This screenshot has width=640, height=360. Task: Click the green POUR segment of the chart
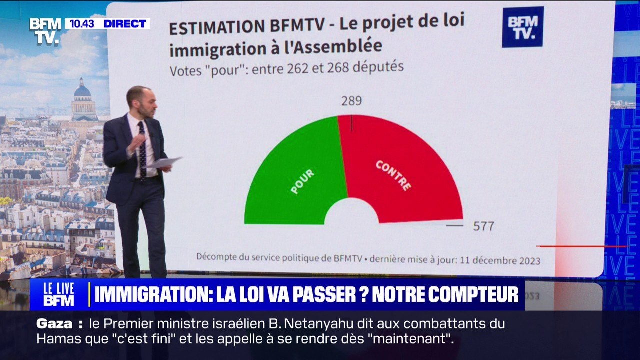coord(294,177)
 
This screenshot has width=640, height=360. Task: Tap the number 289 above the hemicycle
coord(351,101)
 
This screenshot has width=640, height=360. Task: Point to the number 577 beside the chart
coord(483,226)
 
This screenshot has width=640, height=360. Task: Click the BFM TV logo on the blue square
coord(523,27)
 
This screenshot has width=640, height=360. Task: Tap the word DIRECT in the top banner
coord(125,23)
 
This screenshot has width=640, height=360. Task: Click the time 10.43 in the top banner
coord(82,23)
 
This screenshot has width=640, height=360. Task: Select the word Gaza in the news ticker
coord(54,324)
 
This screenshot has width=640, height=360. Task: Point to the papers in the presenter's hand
coord(165,162)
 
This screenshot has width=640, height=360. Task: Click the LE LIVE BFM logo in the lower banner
coord(59,294)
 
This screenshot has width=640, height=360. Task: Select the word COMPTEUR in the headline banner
coord(445,294)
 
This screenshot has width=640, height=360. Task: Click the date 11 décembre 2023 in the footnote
coord(500,260)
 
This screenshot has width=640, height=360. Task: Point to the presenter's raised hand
coord(136,143)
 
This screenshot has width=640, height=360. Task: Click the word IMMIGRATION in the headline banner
coord(153,294)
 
